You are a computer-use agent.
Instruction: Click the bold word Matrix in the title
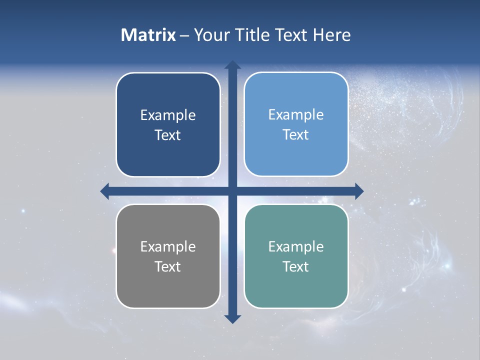(148, 35)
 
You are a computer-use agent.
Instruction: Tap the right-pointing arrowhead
(359, 191)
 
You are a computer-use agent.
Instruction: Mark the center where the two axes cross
(232, 191)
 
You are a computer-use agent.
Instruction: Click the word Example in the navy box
(168, 115)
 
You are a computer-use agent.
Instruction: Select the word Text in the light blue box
(296, 135)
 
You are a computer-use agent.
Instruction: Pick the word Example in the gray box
(168, 247)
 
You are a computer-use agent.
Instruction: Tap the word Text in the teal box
(296, 267)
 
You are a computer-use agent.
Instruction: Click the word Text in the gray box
(168, 267)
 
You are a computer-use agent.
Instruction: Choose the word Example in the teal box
(296, 247)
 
